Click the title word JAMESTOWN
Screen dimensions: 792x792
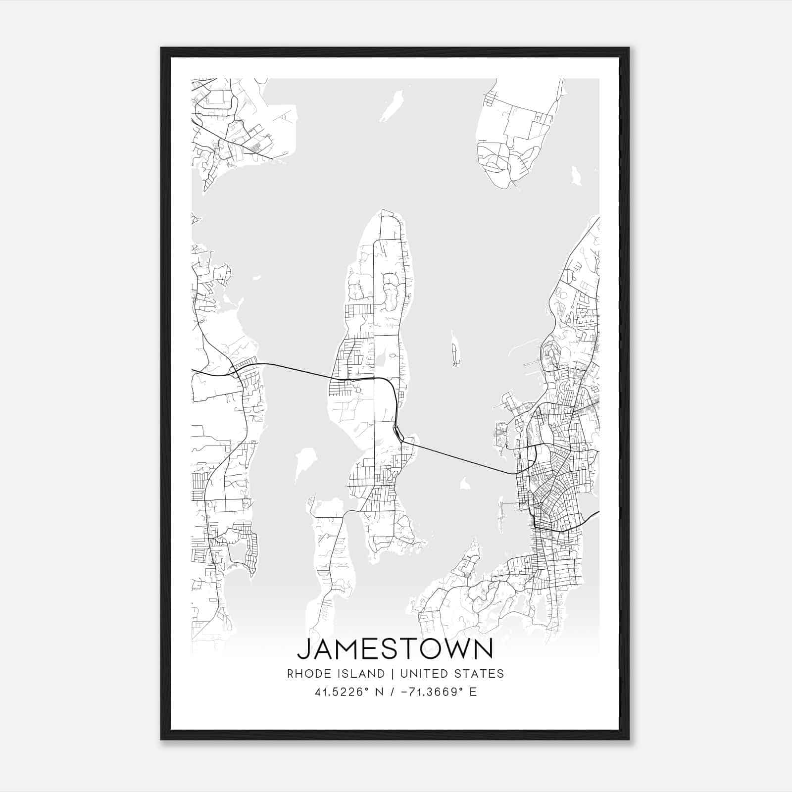pos(395,649)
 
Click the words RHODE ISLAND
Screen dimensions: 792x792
pos(336,674)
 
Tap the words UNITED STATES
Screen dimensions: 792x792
pos(451,674)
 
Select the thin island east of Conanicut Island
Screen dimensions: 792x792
pos(455,349)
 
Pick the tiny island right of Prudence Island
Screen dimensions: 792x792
pos(576,176)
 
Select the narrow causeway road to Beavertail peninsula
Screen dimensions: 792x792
pos(349,511)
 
